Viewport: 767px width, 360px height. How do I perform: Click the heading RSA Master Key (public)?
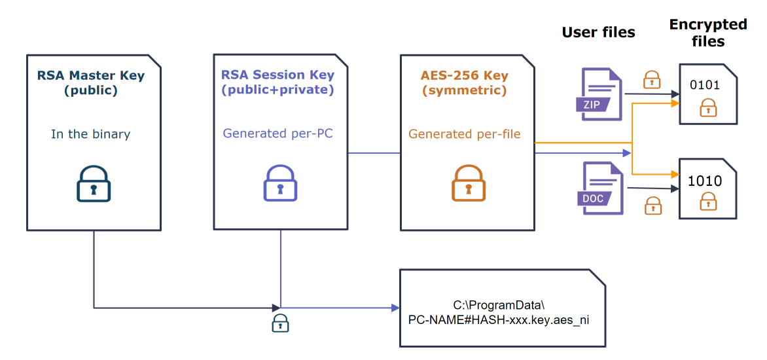91,83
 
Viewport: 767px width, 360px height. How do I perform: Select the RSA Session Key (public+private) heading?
277,82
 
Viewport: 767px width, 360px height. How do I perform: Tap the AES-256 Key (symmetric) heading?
463,82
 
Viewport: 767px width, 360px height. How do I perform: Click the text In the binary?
91,134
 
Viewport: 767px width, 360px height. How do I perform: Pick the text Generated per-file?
465,134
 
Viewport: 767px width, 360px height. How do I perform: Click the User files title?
598,32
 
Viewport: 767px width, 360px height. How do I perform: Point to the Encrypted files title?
707,33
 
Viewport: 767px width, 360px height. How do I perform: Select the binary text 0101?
704,85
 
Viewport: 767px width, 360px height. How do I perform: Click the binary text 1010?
704,181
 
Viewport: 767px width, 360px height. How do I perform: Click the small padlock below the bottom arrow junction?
280,323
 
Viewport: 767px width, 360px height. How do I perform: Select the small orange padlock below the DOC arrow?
652,206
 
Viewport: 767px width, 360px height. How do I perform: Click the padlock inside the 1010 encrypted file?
707,202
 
